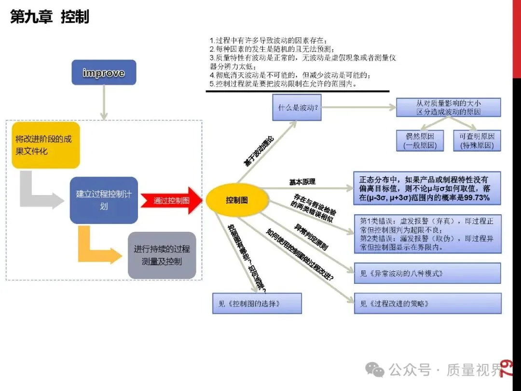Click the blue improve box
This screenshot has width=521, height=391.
tap(103, 73)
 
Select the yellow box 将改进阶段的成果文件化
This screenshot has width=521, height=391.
tap(45, 145)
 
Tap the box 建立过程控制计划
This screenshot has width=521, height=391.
tap(104, 200)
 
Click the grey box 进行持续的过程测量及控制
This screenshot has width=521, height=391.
tap(162, 255)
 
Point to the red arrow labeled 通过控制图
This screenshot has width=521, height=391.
tap(171, 200)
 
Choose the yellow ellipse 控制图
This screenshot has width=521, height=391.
tap(237, 200)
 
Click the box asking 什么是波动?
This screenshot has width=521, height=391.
tap(297, 108)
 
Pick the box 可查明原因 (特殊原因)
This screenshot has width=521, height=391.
tap(477, 140)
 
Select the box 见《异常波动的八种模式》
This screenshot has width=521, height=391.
tap(427, 273)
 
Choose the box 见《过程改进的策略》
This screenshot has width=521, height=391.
tap(427, 304)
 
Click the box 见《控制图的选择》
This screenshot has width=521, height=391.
tap(257, 304)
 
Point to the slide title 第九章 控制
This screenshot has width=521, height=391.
tap(50, 17)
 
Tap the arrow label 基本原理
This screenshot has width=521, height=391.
tap(302, 182)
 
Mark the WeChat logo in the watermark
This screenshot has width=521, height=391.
tap(375, 370)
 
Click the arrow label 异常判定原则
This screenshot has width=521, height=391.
tap(312, 236)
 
